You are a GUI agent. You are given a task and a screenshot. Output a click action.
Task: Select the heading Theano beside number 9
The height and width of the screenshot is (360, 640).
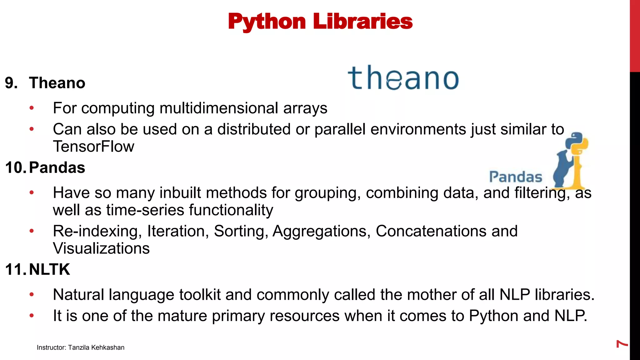[x=57, y=83]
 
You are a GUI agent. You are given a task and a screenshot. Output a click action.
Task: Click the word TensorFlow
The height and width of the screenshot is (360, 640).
[x=93, y=147]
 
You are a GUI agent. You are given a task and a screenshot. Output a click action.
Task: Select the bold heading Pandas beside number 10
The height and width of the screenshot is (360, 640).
[x=57, y=168]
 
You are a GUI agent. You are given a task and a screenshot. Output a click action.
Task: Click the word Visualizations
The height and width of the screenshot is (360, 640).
[x=101, y=248]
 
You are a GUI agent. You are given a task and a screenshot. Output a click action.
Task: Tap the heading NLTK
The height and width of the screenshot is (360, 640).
[x=49, y=270]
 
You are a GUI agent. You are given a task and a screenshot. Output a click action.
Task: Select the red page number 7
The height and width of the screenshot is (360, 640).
[x=622, y=344]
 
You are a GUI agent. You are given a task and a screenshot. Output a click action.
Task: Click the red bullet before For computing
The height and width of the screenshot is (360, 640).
[x=32, y=108]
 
